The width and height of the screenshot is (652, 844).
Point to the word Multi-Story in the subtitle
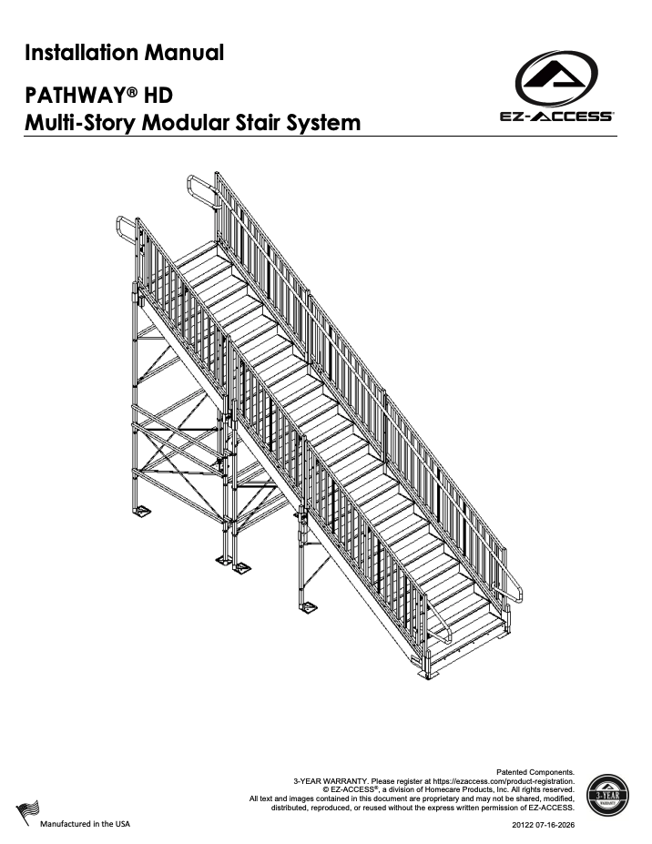click(x=80, y=123)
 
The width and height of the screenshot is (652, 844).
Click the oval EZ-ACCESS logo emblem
click(x=556, y=78)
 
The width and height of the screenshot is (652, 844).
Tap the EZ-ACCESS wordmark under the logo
click(x=556, y=117)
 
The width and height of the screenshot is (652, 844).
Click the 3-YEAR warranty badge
click(x=606, y=796)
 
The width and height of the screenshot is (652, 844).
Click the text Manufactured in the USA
click(x=85, y=824)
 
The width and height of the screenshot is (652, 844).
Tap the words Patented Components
click(x=535, y=772)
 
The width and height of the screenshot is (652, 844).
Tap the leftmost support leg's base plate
click(x=141, y=511)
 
